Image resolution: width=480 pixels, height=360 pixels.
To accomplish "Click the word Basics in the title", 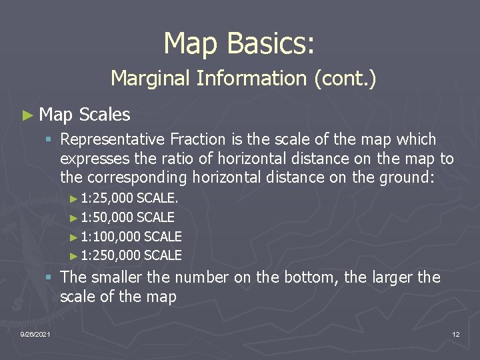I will pos(270,44).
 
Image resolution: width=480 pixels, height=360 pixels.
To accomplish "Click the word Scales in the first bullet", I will pos(104,115).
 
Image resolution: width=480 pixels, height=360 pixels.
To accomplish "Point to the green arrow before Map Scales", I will pos(27,115).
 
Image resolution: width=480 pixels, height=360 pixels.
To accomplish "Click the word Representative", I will pos(113,140).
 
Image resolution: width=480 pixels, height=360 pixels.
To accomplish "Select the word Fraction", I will pos(198,140).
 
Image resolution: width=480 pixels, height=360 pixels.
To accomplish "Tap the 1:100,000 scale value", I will pos(111,237).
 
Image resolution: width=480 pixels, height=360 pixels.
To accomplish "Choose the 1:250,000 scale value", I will pos(111,255).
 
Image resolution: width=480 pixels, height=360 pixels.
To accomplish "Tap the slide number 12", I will pos(456,334).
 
